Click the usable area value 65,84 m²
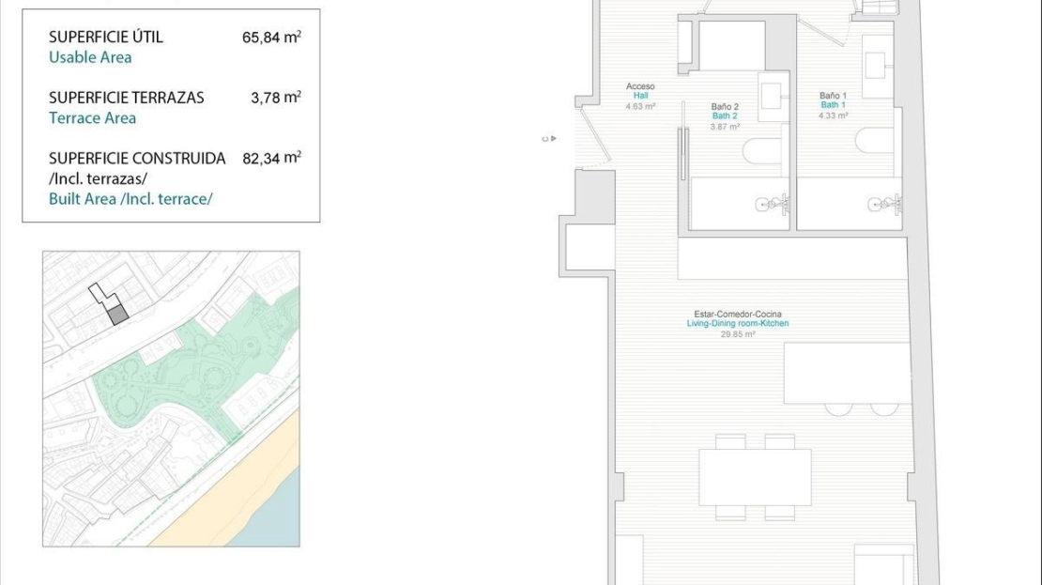[271, 37]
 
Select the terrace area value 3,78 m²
[276, 97]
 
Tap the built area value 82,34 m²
[272, 158]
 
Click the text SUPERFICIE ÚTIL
[106, 37]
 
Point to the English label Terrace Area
[92, 117]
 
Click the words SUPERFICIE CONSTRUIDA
[137, 158]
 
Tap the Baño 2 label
[725, 106]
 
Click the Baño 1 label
[834, 96]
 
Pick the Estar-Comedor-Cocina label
[738, 314]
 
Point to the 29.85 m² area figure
[738, 334]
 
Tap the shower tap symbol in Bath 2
[773, 204]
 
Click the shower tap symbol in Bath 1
[884, 204]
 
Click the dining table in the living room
[755, 477]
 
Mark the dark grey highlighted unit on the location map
[117, 316]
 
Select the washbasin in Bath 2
[773, 97]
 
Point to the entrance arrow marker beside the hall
[549, 139]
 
